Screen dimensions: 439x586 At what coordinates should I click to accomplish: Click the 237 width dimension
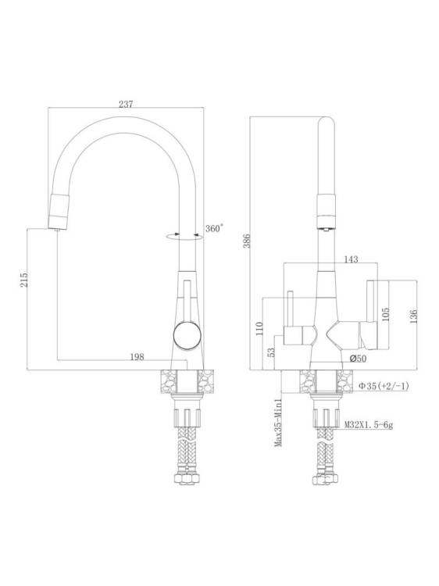click(126, 104)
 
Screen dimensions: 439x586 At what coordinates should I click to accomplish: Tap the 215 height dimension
click(24, 278)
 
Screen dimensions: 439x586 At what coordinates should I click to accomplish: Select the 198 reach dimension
click(137, 357)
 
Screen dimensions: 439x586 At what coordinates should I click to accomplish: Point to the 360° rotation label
click(214, 228)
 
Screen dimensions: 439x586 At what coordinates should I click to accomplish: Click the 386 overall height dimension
click(247, 241)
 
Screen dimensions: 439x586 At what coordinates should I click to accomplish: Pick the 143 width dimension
click(351, 259)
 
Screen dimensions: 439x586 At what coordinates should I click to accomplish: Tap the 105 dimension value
click(387, 314)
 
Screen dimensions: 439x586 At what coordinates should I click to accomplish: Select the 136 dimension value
click(413, 316)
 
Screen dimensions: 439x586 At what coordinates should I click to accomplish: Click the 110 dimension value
click(259, 329)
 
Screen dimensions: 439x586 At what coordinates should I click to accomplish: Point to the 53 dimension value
click(272, 352)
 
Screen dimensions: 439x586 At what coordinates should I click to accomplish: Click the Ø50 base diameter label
click(358, 359)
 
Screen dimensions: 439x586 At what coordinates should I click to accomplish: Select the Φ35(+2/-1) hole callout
click(384, 386)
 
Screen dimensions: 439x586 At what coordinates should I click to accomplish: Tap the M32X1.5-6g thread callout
click(369, 425)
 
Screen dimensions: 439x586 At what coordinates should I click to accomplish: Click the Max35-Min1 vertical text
click(277, 423)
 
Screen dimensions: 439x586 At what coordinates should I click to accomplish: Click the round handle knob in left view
click(187, 335)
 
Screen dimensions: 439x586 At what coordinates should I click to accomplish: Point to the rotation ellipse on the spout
click(184, 236)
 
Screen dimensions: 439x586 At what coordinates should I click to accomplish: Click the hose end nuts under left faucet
click(187, 479)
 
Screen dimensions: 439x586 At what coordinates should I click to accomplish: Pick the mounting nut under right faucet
click(327, 417)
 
